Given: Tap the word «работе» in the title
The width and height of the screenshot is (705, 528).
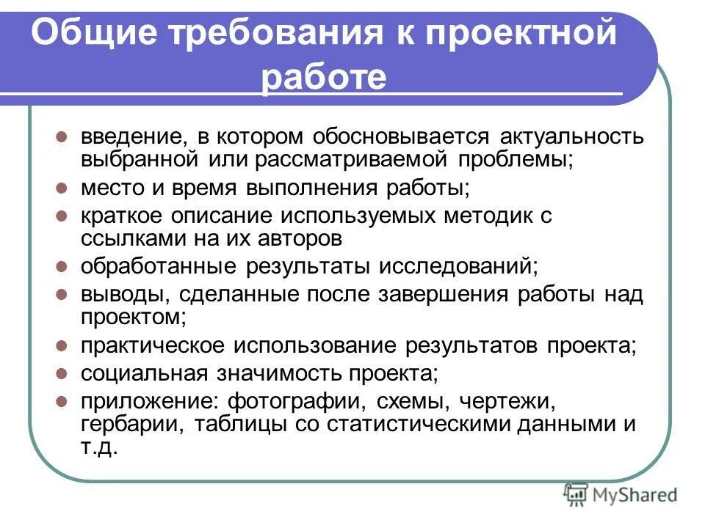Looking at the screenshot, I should coord(324,77).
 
